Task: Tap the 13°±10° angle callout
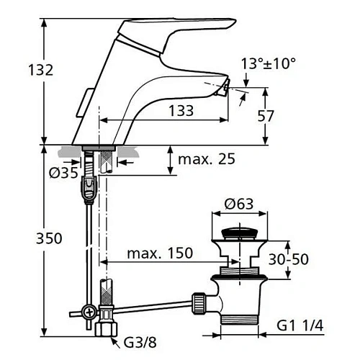tap(269, 63)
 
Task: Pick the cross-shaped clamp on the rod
tap(89, 312)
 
